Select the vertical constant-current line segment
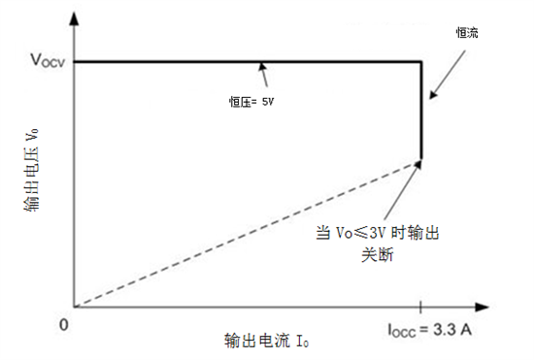tap(420, 112)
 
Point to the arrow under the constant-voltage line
tap(263, 75)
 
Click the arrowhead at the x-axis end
tap(517, 307)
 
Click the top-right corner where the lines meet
tap(420, 62)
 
